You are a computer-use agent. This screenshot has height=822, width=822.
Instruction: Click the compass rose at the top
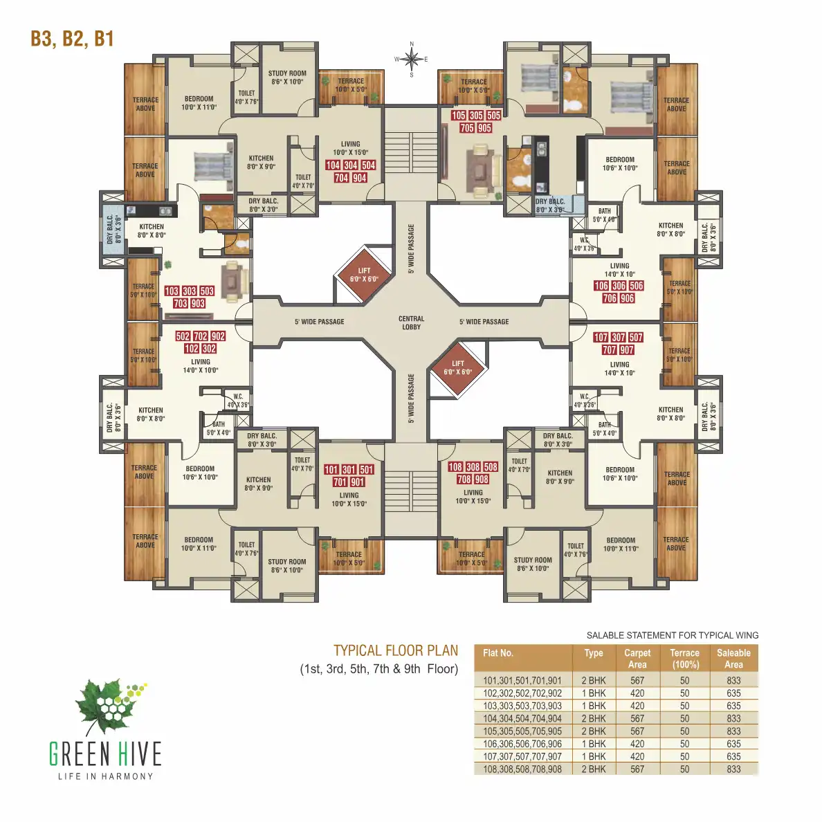tap(412, 60)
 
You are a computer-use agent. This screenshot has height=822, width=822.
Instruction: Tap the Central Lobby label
tap(411, 322)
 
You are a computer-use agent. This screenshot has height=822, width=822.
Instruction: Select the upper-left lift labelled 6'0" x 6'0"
tap(364, 275)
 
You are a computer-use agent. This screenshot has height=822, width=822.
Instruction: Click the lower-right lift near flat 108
tap(458, 367)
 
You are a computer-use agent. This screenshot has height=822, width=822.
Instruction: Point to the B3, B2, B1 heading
tap(72, 39)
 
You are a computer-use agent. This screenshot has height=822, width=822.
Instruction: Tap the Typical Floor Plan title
tap(396, 650)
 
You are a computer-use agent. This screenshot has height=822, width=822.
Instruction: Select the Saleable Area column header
tap(733, 658)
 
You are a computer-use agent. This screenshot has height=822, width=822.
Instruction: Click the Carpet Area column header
tap(637, 658)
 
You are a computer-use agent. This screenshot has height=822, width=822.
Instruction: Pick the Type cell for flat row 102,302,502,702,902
tap(594, 693)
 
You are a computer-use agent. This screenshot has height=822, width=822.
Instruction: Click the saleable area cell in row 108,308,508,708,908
tap(733, 769)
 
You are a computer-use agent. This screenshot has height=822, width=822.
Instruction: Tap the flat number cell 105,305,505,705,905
tap(522, 731)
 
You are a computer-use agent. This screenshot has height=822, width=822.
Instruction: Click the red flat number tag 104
tap(333, 165)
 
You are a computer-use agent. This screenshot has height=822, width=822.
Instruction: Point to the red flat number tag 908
tap(482, 479)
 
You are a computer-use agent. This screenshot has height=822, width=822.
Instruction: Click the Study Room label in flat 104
tap(287, 77)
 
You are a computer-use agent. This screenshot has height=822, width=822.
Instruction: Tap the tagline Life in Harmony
tap(105, 776)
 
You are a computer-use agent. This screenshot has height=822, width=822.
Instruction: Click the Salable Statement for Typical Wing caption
tap(672, 635)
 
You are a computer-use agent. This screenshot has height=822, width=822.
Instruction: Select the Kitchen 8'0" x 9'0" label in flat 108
tap(560, 477)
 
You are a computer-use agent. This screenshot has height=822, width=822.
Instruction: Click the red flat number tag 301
tap(349, 470)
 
